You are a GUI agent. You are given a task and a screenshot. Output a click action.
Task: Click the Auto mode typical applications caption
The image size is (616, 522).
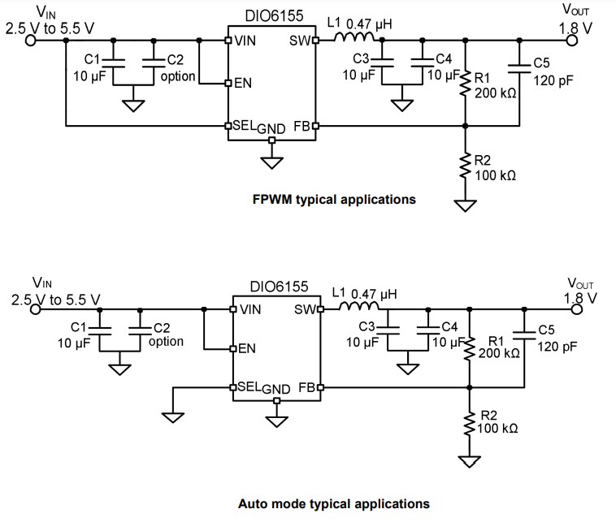(x=333, y=503)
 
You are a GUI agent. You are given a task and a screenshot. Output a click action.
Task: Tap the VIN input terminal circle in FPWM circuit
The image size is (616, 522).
(x=31, y=40)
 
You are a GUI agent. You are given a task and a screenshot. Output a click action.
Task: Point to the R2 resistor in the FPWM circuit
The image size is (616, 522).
(x=465, y=166)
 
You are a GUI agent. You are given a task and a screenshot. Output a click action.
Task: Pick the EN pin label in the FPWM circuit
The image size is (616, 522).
(x=243, y=83)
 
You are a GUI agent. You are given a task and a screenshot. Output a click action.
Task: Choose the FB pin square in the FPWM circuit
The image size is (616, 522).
(x=315, y=126)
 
